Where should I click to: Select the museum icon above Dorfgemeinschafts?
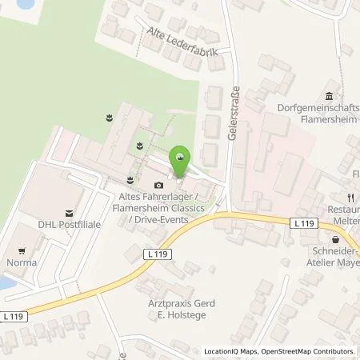(330, 94)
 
